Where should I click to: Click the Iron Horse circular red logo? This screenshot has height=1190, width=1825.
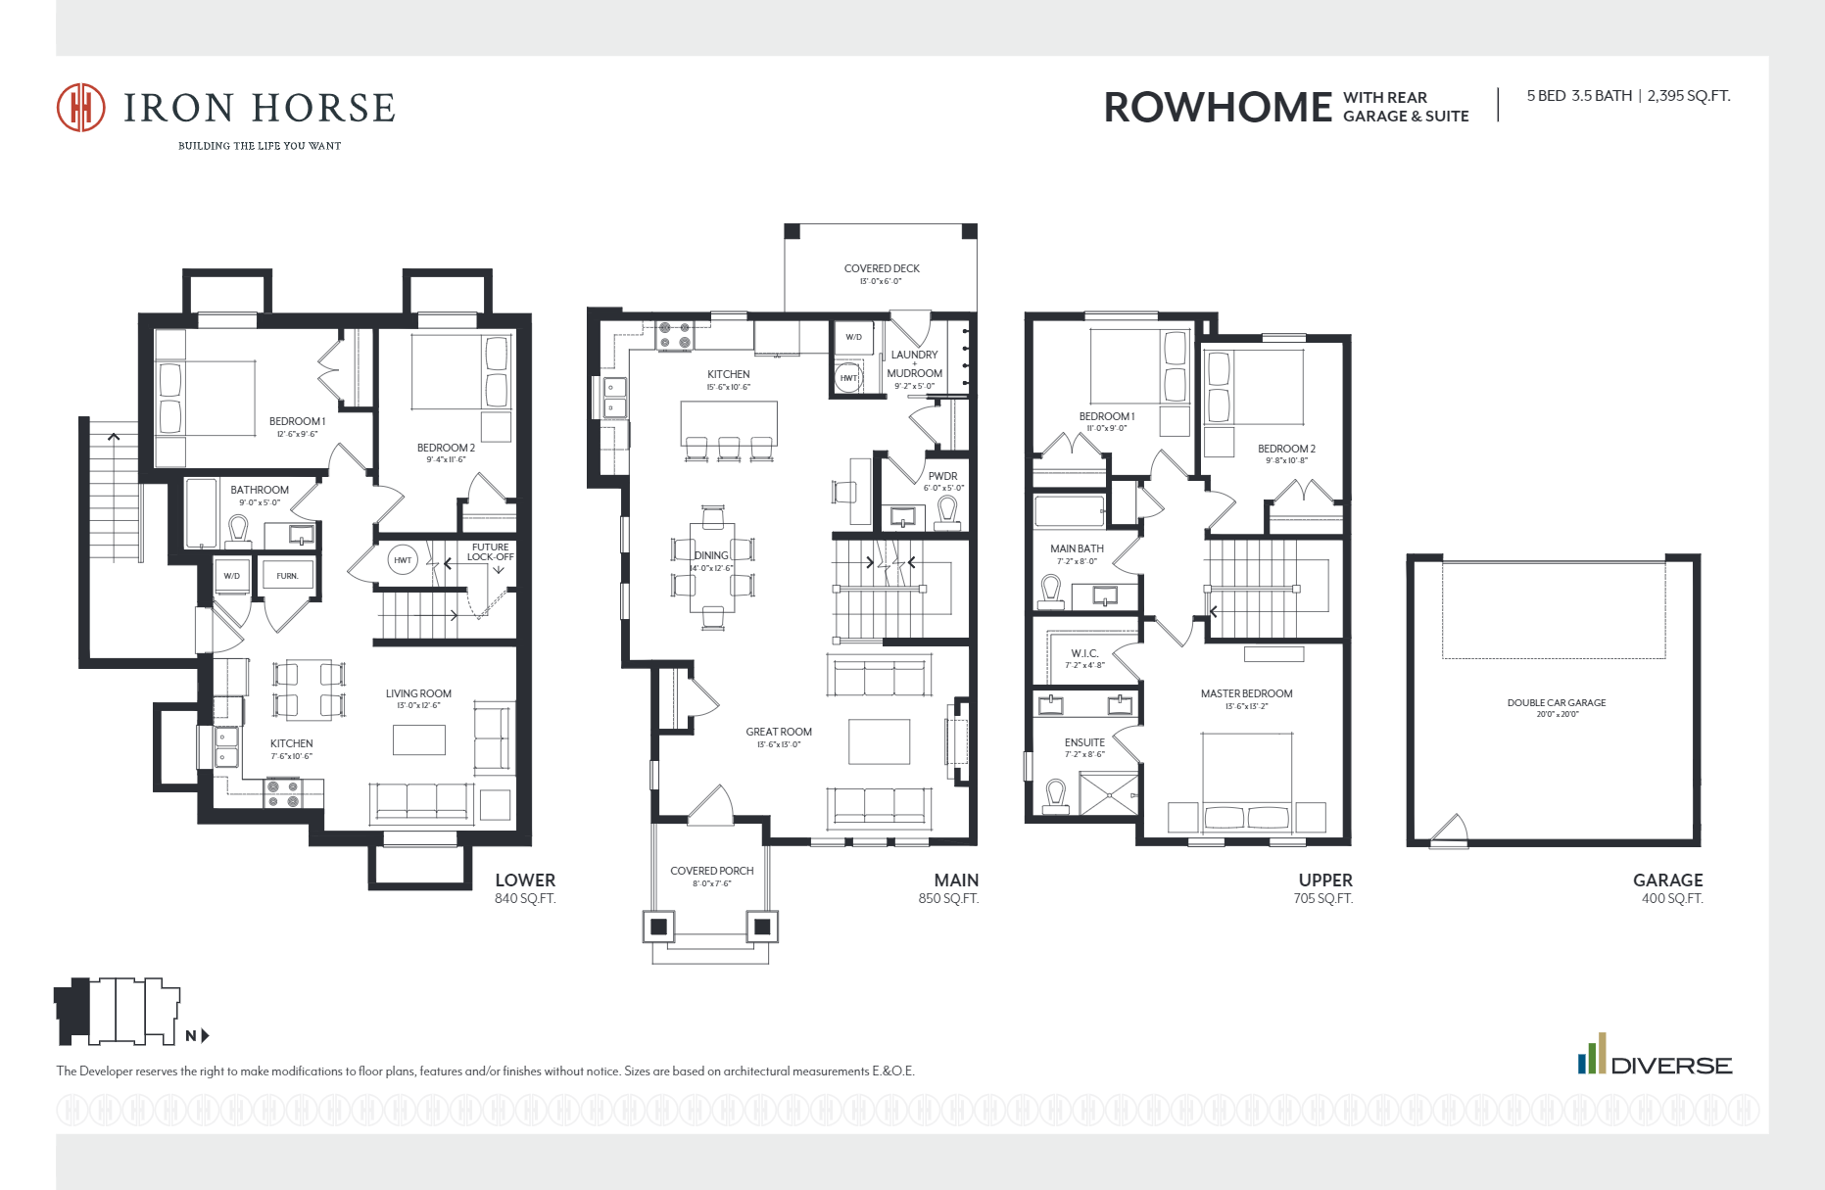[80, 107]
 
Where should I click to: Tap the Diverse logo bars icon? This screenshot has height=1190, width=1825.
[1592, 1054]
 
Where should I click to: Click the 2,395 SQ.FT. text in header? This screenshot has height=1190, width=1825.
[1688, 96]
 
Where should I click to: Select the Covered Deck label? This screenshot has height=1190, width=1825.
[882, 269]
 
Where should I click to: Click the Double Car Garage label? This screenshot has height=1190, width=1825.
[1556, 703]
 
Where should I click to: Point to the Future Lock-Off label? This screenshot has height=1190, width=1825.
[490, 552]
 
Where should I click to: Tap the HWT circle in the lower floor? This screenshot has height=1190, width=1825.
[403, 560]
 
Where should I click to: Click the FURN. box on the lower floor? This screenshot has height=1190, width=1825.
[287, 576]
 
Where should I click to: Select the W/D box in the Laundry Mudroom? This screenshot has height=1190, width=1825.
[853, 337]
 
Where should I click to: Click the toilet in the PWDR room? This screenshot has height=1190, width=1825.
[946, 509]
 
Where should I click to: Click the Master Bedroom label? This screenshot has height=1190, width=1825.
[1246, 694]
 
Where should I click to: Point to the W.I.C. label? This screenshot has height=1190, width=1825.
[1084, 653]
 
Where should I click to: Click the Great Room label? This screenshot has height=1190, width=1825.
[779, 733]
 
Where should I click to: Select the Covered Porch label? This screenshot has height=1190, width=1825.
[711, 871]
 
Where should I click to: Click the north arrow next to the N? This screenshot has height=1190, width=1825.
[206, 1035]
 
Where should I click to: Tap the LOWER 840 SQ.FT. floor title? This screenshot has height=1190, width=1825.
[525, 887]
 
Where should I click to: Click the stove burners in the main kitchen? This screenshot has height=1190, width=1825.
[674, 336]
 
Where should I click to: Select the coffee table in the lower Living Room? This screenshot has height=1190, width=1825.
[419, 739]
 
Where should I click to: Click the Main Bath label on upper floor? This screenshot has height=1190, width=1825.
[1077, 549]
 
